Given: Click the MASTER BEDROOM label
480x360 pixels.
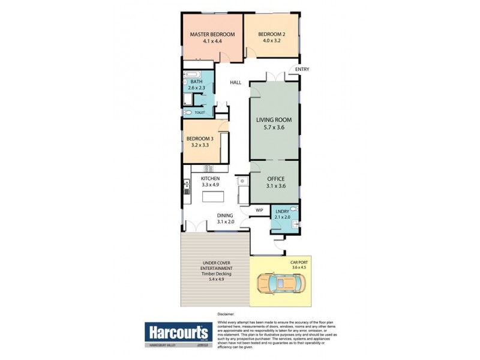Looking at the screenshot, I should [x=212, y=35].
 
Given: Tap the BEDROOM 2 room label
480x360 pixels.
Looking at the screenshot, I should [x=271, y=35].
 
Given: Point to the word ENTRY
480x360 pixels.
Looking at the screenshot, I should [x=302, y=70].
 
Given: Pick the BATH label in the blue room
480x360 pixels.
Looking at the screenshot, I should [x=196, y=82].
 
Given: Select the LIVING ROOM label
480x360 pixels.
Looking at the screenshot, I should [x=274, y=119].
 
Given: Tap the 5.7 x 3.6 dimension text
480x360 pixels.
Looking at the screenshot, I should [x=274, y=127].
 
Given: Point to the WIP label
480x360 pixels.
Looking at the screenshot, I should [x=260, y=211].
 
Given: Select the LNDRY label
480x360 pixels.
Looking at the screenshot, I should [x=282, y=211].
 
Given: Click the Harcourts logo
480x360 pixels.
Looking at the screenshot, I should [x=176, y=331].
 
